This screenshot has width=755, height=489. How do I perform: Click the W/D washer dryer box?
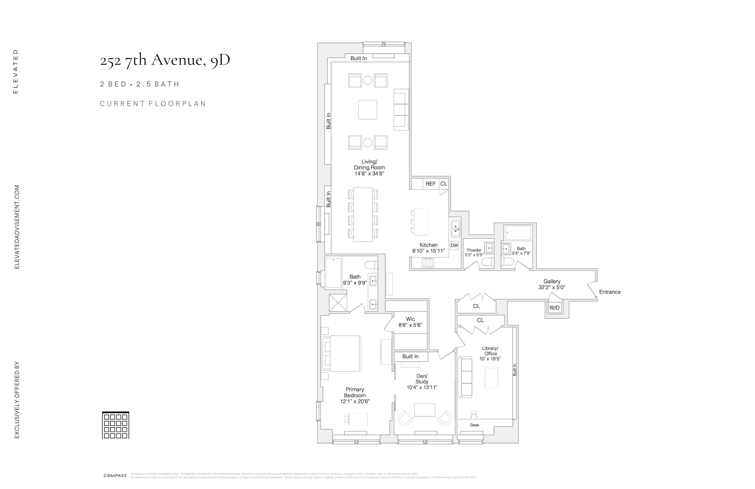pyautogui.click(x=554, y=307)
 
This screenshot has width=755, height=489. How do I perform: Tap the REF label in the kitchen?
pyautogui.click(x=430, y=184)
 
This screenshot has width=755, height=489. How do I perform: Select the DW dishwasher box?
pyautogui.click(x=454, y=245)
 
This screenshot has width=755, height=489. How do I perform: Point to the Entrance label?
pyautogui.click(x=610, y=292)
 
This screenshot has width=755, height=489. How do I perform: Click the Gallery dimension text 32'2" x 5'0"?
pyautogui.click(x=552, y=288)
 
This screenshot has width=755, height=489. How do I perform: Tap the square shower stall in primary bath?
pyautogui.click(x=338, y=303)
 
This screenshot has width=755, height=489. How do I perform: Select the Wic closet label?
pyautogui.click(x=410, y=319)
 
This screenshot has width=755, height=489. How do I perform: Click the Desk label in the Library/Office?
pyautogui.click(x=475, y=425)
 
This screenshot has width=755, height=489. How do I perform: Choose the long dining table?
pyautogui.click(x=363, y=215)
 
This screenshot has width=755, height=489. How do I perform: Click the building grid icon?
pyautogui.click(x=115, y=425)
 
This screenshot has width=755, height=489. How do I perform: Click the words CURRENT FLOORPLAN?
pyautogui.click(x=153, y=103)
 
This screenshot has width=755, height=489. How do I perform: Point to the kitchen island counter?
pyautogui.click(x=421, y=221)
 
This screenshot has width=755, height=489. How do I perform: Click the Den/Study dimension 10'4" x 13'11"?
pyautogui.click(x=422, y=387)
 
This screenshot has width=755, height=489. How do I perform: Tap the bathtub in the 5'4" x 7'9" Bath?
pyautogui.click(x=518, y=233)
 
